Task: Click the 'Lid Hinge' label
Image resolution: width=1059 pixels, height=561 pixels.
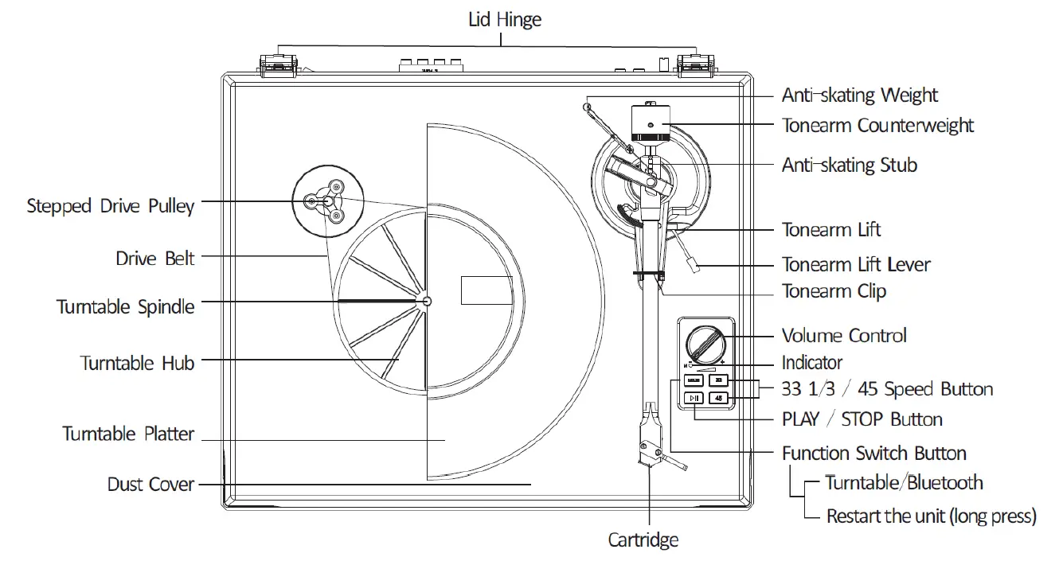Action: click(504, 19)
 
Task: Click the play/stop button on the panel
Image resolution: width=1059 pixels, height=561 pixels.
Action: click(694, 398)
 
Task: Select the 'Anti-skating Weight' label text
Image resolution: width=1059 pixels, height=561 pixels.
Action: click(859, 95)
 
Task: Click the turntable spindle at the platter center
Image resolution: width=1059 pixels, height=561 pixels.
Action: click(427, 301)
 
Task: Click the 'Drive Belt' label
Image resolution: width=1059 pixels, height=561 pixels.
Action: click(154, 259)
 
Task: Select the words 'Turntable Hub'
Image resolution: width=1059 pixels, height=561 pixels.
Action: click(137, 363)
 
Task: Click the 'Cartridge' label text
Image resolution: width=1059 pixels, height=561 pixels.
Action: click(643, 540)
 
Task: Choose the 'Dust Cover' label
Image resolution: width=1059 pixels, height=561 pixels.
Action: click(150, 484)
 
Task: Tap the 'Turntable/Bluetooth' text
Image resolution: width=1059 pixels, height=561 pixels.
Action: click(903, 482)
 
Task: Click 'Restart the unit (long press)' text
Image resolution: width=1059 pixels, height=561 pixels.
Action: click(931, 516)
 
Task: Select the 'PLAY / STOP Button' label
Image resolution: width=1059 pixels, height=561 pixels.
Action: click(862, 419)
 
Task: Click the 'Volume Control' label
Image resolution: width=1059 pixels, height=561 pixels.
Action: click(844, 336)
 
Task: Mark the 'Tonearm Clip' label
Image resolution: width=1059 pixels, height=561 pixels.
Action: click(834, 291)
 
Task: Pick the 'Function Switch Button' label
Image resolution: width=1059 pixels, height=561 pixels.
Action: click(873, 454)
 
